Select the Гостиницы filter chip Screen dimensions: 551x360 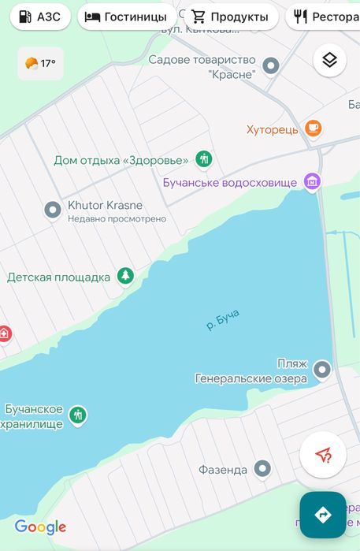click(x=126, y=17)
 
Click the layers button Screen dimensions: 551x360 click(x=329, y=61)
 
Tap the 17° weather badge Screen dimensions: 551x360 click(x=40, y=63)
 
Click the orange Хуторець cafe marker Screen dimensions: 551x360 click(x=314, y=128)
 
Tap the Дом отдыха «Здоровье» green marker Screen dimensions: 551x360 click(x=204, y=159)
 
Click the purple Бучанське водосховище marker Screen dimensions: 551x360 click(x=313, y=182)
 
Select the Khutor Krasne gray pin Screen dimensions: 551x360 click(x=53, y=210)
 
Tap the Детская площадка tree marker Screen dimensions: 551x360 click(x=124, y=276)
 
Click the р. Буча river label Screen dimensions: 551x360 click(x=223, y=320)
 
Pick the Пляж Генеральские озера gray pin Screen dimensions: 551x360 click(x=322, y=369)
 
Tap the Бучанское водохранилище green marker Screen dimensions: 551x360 click(x=77, y=415)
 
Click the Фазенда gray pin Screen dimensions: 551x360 click(x=263, y=470)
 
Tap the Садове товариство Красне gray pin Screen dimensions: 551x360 click(x=271, y=66)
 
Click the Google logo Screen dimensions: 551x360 click(x=40, y=527)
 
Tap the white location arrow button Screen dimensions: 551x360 click(x=323, y=455)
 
